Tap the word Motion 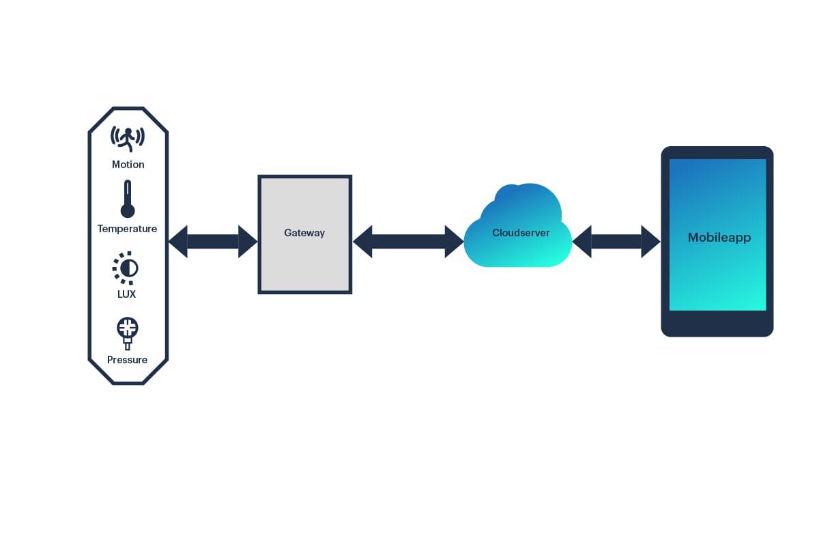[128, 165]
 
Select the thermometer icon [128, 199]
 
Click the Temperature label [128, 229]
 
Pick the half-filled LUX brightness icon [126, 268]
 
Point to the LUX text [127, 294]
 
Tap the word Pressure [128, 360]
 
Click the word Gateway [304, 233]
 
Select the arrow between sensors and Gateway [213, 242]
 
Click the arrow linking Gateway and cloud [408, 242]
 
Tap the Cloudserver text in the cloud [521, 233]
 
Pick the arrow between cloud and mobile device [616, 242]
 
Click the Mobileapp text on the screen [719, 238]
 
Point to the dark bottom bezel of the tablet [717, 323]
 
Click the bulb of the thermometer [128, 210]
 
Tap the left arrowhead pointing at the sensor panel [178, 242]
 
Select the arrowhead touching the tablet [650, 242]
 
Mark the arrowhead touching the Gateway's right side [362, 242]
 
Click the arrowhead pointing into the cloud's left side [455, 242]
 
